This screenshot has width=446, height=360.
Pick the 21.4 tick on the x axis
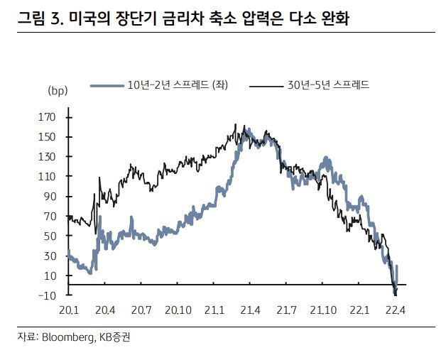point(251,310)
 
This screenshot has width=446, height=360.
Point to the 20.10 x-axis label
point(177,310)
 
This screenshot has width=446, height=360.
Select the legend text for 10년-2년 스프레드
point(177,85)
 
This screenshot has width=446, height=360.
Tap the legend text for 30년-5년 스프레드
point(329,85)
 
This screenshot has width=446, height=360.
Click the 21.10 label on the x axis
point(323,310)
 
